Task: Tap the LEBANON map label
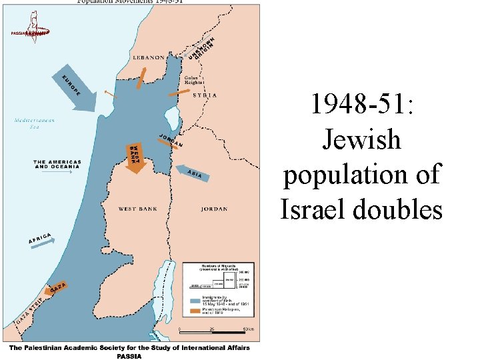[x=149, y=58]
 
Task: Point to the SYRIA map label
[x=205, y=95]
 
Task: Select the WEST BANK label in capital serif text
[x=139, y=209]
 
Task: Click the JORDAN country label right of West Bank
[x=214, y=209]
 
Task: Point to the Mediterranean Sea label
[x=34, y=123]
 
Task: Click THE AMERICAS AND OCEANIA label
[x=57, y=165]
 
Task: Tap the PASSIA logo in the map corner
[x=30, y=33]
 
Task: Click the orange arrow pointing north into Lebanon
[x=141, y=77]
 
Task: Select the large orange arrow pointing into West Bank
[x=135, y=158]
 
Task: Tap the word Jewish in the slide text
[x=361, y=140]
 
